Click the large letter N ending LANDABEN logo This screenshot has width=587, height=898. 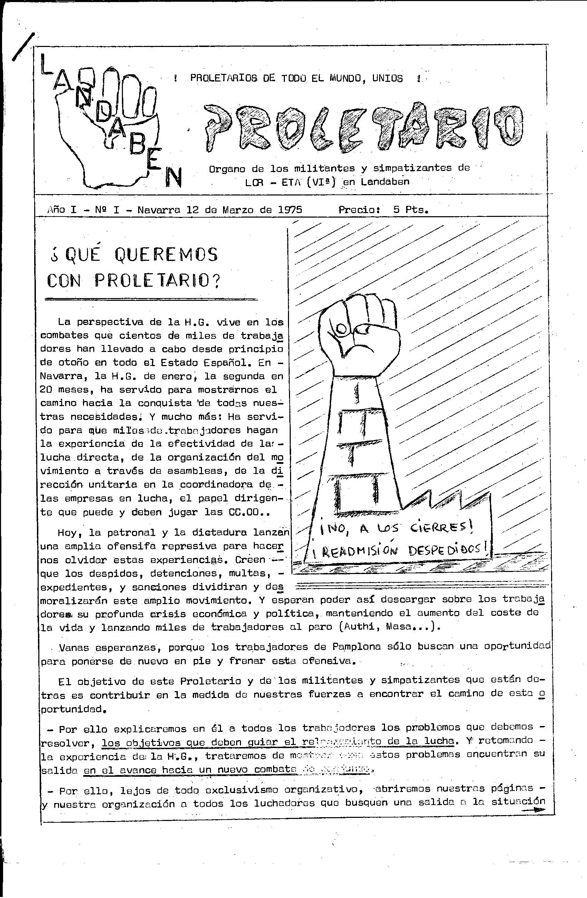click(x=173, y=177)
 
